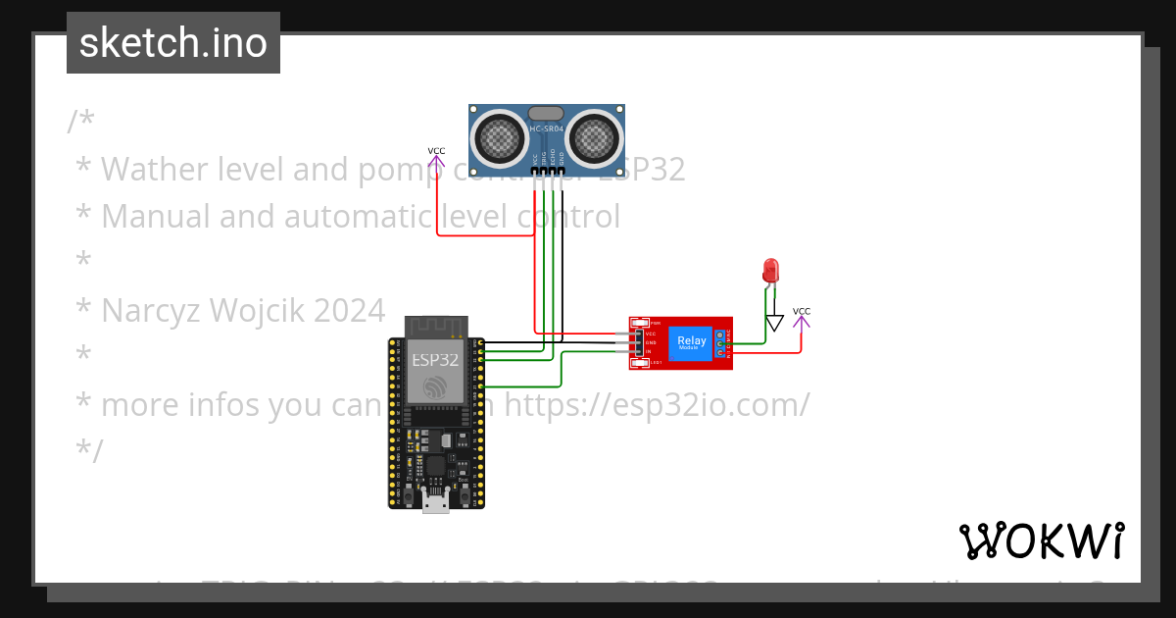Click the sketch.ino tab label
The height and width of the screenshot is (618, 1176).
coord(173,43)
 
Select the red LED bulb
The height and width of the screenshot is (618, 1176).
coord(770,270)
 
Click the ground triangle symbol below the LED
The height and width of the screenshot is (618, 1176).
coord(775,323)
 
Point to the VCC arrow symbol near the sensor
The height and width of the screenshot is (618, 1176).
coord(436,160)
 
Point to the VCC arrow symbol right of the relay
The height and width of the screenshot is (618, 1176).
coord(802,320)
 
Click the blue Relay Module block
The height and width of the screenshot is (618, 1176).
coord(691,343)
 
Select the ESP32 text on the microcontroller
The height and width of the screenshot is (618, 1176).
coord(435,359)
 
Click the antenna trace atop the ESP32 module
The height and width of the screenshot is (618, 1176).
coord(436,326)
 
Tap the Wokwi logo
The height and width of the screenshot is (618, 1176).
coord(1041,541)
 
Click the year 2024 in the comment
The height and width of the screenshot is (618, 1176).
coord(350,311)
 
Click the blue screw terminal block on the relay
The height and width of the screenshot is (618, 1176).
coord(720,343)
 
